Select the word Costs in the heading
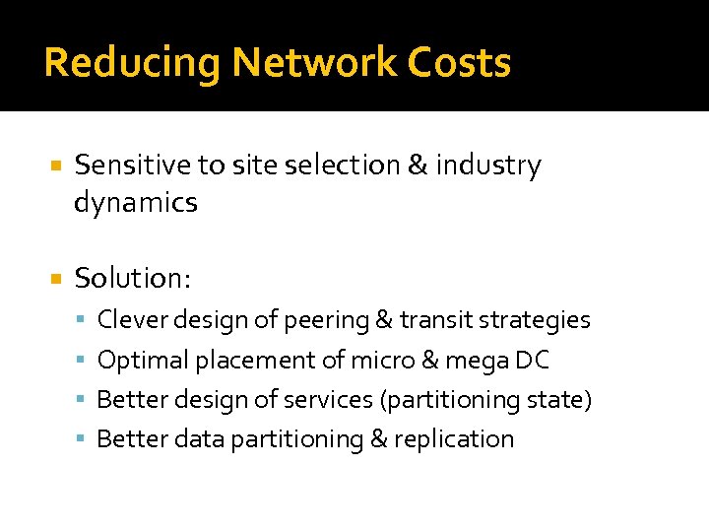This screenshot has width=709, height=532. pos(463,63)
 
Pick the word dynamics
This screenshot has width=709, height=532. pos(136,204)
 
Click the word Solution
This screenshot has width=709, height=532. pos(132,279)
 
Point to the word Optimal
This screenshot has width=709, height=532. pos(142,361)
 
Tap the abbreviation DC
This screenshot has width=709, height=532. pos(532,361)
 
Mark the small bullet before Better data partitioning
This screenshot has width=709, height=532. pos(84,440)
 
